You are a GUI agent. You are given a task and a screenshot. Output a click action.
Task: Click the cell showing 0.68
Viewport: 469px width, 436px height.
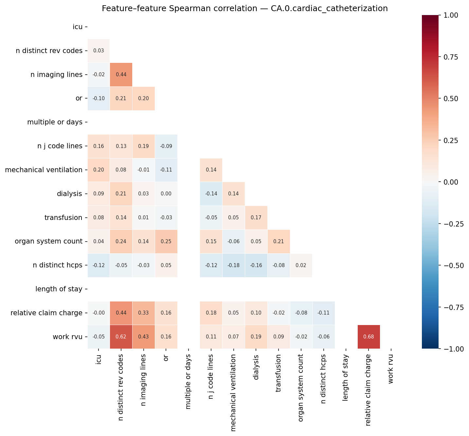pyautogui.click(x=369, y=336)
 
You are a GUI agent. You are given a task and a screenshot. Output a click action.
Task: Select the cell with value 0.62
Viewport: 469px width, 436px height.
pyautogui.click(x=121, y=336)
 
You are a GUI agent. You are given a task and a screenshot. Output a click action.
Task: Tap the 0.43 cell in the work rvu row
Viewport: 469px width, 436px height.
pyautogui.click(x=144, y=336)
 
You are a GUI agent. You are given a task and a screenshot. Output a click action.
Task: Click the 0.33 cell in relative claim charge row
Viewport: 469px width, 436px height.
pyautogui.click(x=144, y=313)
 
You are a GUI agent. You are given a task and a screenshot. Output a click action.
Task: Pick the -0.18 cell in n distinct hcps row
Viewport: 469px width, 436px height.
pyautogui.click(x=233, y=265)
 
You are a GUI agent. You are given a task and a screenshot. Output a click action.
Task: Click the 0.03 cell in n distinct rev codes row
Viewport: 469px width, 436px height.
pyautogui.click(x=99, y=51)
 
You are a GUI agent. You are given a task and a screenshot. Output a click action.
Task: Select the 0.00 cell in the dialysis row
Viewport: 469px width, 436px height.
pyautogui.click(x=166, y=194)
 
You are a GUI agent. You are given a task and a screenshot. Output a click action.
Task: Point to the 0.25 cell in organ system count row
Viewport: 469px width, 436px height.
pyautogui.click(x=166, y=242)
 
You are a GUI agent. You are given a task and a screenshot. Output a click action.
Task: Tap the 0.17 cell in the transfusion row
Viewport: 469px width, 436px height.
pyautogui.click(x=256, y=218)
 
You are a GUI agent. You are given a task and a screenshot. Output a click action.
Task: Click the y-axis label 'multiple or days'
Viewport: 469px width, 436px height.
pyautogui.click(x=55, y=122)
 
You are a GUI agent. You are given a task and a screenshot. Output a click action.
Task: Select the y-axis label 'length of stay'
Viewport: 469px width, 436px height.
pyautogui.click(x=59, y=289)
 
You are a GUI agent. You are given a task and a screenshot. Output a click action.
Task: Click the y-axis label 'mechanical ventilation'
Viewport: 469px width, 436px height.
pyautogui.click(x=44, y=170)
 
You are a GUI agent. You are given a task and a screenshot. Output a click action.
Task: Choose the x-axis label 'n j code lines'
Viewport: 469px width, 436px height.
pyautogui.click(x=211, y=377)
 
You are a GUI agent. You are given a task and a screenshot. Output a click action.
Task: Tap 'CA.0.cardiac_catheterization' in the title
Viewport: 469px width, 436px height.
pyautogui.click(x=329, y=9)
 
